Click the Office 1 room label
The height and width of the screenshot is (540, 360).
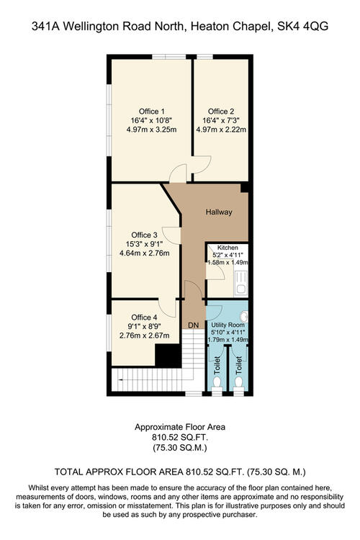pyautogui.click(x=152, y=111)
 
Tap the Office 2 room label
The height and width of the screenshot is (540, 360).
pyautogui.click(x=221, y=111)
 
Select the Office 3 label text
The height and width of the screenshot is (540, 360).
pyautogui.click(x=144, y=235)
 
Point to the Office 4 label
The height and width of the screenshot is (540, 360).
pyautogui.click(x=144, y=318)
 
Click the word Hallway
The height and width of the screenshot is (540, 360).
pyautogui.click(x=219, y=212)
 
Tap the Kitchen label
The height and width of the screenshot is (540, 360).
pyautogui.click(x=228, y=248)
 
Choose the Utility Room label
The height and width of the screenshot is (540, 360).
pyautogui.click(x=228, y=325)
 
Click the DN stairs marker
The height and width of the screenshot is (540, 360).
pyautogui.click(x=193, y=325)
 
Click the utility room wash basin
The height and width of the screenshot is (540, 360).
pyautogui.click(x=245, y=316)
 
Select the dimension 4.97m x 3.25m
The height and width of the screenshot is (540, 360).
pyautogui.click(x=152, y=130)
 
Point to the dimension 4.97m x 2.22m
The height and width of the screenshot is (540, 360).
pyautogui.click(x=221, y=130)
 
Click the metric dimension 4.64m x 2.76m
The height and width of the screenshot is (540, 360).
pyautogui.click(x=144, y=253)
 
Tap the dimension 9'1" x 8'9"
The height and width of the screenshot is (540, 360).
pyautogui.click(x=144, y=326)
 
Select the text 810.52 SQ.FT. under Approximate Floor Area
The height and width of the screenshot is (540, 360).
pyautogui.click(x=180, y=437)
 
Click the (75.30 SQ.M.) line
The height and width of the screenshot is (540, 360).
pyautogui.click(x=180, y=448)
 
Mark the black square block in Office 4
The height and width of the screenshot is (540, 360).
pyautogui.click(x=168, y=356)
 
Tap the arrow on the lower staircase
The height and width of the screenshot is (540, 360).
pyautogui.click(x=121, y=379)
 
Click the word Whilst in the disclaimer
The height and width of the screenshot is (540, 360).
pyautogui.click(x=39, y=487)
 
